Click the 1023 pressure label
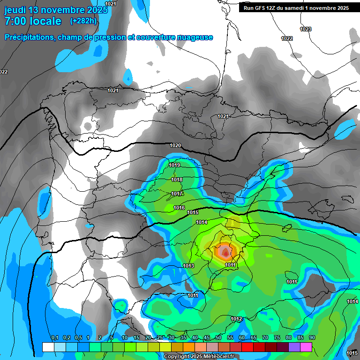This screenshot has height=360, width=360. point(306,29)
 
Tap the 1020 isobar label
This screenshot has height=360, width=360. point(175,146)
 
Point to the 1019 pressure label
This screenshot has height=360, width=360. point(175,165)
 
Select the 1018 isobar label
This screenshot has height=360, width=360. point(177,180)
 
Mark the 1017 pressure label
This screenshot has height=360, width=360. point(177,194)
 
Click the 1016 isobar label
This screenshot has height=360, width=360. point(179,208)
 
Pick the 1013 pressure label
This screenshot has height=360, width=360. point(188,266)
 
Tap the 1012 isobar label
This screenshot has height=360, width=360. point(236,319)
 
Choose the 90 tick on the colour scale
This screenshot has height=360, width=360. point(312,338)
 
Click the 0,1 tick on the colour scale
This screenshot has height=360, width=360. point(54,338)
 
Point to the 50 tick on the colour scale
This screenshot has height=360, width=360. point(218,338)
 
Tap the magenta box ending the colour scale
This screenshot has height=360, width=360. point(306,347)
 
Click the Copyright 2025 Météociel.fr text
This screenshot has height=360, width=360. point(199,357)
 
